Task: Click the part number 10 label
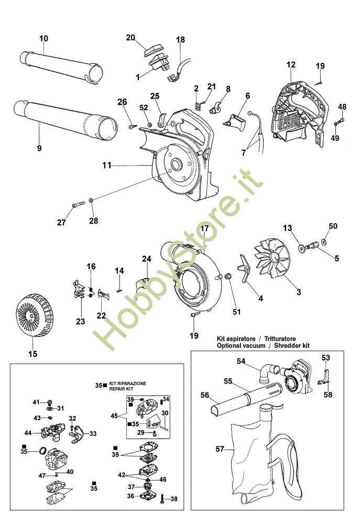43,38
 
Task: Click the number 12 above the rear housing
291,65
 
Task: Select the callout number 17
204,228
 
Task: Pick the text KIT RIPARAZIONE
127,384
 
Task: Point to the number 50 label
333,226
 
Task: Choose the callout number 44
28,433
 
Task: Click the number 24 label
146,259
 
